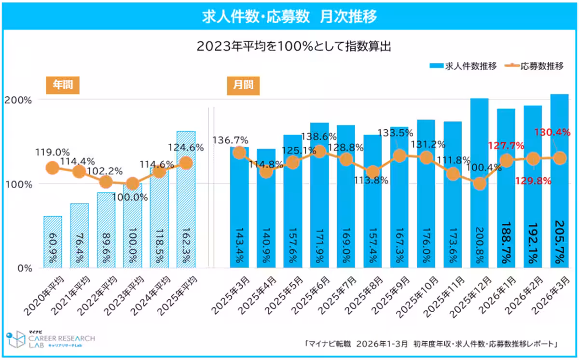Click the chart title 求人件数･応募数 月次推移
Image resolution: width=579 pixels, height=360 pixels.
click(289, 16)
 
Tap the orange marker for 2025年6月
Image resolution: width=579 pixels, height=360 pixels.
click(318, 152)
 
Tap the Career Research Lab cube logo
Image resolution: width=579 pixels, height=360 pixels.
click(16, 340)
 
